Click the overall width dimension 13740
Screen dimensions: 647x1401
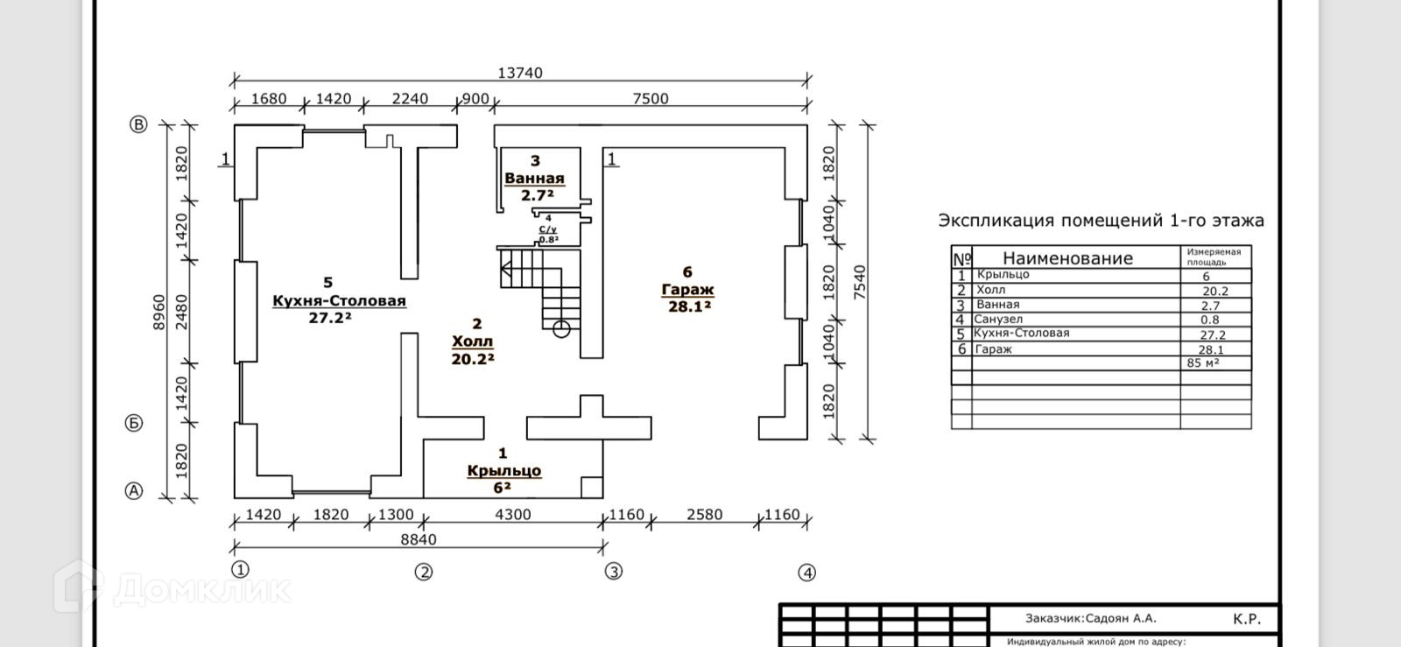[x=520, y=73]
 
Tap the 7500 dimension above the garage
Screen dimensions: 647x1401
[x=651, y=98]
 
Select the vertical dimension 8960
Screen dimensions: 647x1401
[x=158, y=312]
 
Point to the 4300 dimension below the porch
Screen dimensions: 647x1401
[x=513, y=515]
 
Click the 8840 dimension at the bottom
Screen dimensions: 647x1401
[x=419, y=539]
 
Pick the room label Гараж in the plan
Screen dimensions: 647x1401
[x=687, y=289]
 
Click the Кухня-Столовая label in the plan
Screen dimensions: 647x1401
[x=339, y=301]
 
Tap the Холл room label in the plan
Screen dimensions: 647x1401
[x=473, y=341]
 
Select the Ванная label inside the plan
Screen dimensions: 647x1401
[x=534, y=178]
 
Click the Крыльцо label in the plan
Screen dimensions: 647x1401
[x=503, y=470]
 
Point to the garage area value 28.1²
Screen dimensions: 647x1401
[x=689, y=306]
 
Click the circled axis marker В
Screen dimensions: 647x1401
[x=138, y=124]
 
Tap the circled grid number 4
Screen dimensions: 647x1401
[x=806, y=573]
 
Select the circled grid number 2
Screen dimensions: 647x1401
[x=424, y=573]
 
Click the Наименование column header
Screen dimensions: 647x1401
[x=1067, y=258]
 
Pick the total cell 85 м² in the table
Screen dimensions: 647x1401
[x=1203, y=362]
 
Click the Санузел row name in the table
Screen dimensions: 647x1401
[x=998, y=320]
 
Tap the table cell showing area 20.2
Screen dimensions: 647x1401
[x=1215, y=291]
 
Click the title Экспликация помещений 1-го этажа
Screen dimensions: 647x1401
[x=1101, y=221]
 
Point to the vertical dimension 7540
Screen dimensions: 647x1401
[x=859, y=284]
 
